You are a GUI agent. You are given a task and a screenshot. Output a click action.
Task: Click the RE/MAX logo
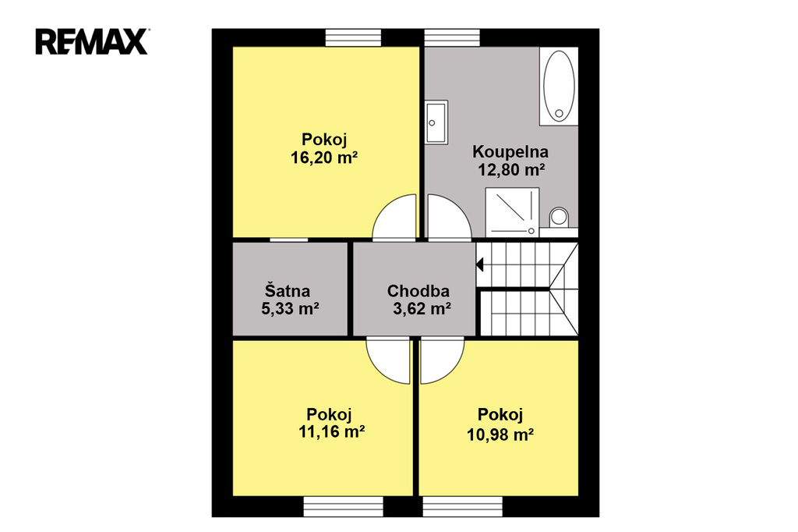click(x=92, y=41)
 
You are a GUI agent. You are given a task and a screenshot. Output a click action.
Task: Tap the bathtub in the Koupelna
click(x=559, y=86)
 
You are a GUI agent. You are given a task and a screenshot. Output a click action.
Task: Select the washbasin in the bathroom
click(x=436, y=122)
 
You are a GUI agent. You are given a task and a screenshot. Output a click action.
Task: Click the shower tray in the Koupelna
click(x=512, y=212)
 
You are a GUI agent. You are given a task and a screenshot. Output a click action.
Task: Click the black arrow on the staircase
click(x=479, y=264)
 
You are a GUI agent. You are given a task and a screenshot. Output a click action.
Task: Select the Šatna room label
click(x=287, y=290)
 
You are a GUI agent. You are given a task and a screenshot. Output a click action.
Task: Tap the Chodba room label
click(x=418, y=290)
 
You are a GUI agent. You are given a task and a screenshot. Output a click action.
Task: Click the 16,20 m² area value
click(x=324, y=158)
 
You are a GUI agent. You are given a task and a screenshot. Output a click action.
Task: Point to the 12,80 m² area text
click(x=511, y=170)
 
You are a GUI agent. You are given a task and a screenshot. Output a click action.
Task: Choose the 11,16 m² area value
click(x=331, y=431)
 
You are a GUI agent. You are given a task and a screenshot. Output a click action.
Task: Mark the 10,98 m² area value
click(x=500, y=434)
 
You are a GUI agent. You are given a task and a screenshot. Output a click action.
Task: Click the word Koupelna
click(x=510, y=151)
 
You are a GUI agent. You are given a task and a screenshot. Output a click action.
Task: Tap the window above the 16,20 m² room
click(x=353, y=37)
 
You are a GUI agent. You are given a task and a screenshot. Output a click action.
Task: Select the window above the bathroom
click(x=453, y=37)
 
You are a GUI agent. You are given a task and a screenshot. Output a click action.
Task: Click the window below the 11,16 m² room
click(x=344, y=506)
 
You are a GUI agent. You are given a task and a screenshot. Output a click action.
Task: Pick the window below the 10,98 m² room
click(x=463, y=506)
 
